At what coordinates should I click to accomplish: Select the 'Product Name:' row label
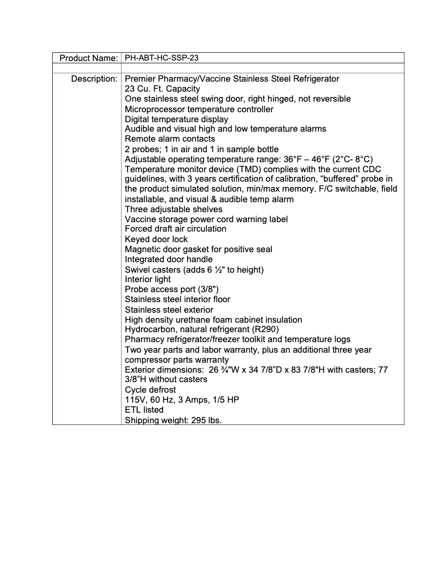[x=89, y=58]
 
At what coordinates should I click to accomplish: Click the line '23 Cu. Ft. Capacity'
[x=163, y=89]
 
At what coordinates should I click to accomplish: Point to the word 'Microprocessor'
[x=154, y=109]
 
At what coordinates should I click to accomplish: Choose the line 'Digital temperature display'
[x=176, y=119]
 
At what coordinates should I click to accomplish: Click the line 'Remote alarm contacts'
[x=170, y=139]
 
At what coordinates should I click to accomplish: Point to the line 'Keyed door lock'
[x=156, y=239]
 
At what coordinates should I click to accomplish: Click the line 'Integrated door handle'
[x=169, y=259]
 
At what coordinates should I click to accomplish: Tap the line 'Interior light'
[x=148, y=279]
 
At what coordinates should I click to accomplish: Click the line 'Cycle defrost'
[x=150, y=390]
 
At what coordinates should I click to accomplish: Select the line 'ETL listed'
[x=144, y=410]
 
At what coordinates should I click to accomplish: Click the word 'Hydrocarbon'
[x=149, y=329]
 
